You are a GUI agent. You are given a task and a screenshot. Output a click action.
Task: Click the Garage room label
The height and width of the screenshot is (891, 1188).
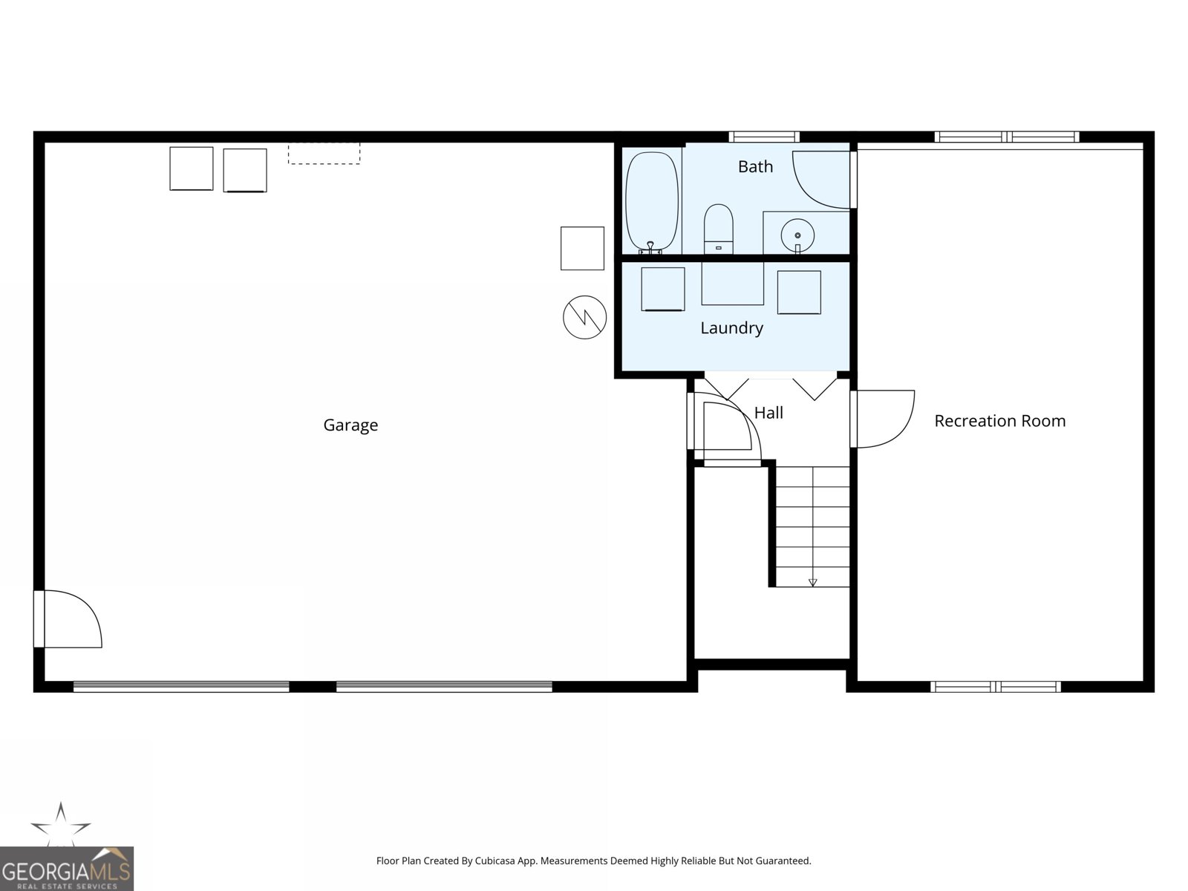click(350, 425)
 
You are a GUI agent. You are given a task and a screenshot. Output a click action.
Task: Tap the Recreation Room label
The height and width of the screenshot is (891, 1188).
click(999, 421)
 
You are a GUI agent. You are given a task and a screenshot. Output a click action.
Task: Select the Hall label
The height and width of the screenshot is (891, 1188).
click(768, 413)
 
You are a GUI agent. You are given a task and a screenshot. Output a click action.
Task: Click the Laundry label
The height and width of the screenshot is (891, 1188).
click(732, 328)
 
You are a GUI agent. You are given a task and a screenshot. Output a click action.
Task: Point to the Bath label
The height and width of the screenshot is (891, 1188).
click(756, 166)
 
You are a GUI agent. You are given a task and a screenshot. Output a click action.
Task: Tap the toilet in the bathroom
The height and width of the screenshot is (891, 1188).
click(718, 228)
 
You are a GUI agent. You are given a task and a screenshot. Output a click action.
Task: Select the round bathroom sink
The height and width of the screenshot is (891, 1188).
click(797, 235)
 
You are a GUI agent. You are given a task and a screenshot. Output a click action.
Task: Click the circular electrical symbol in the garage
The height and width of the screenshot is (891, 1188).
click(584, 318)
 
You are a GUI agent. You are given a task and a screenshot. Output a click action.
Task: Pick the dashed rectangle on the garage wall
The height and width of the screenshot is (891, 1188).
click(324, 153)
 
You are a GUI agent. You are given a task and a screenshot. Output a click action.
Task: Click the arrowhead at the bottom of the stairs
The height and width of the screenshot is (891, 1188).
click(812, 583)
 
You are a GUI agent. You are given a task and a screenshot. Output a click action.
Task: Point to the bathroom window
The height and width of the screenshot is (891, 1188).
click(764, 137)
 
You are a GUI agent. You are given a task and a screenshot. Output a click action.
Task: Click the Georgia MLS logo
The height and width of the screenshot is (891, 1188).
click(67, 869)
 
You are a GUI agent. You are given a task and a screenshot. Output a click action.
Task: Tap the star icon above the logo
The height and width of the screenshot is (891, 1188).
click(61, 824)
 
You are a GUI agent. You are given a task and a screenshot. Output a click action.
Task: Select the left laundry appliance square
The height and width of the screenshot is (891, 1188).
click(663, 289)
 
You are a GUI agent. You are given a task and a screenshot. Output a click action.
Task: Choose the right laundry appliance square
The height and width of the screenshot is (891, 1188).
click(799, 292)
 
